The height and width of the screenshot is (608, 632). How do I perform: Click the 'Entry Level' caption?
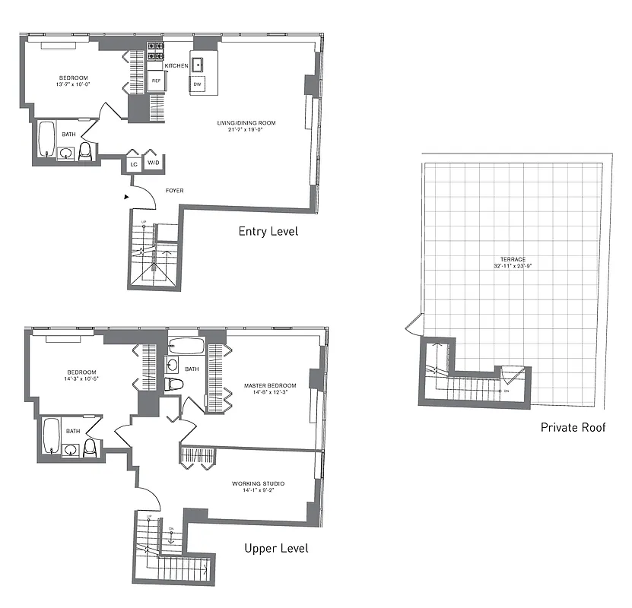268,231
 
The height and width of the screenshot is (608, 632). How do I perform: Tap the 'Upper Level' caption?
276,548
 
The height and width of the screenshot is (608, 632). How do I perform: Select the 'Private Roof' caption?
573,427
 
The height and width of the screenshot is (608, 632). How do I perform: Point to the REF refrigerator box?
156,81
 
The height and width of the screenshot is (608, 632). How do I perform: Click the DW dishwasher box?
197,84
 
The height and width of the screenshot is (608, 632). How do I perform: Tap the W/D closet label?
153,163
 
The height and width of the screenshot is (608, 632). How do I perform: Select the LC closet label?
133,164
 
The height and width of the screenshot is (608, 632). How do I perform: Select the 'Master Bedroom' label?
270,385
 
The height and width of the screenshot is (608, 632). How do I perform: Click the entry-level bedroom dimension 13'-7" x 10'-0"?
74,85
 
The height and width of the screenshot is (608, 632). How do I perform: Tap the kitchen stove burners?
156,50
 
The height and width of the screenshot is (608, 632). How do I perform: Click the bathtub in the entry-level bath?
47,138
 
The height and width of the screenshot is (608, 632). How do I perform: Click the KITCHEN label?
176,66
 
